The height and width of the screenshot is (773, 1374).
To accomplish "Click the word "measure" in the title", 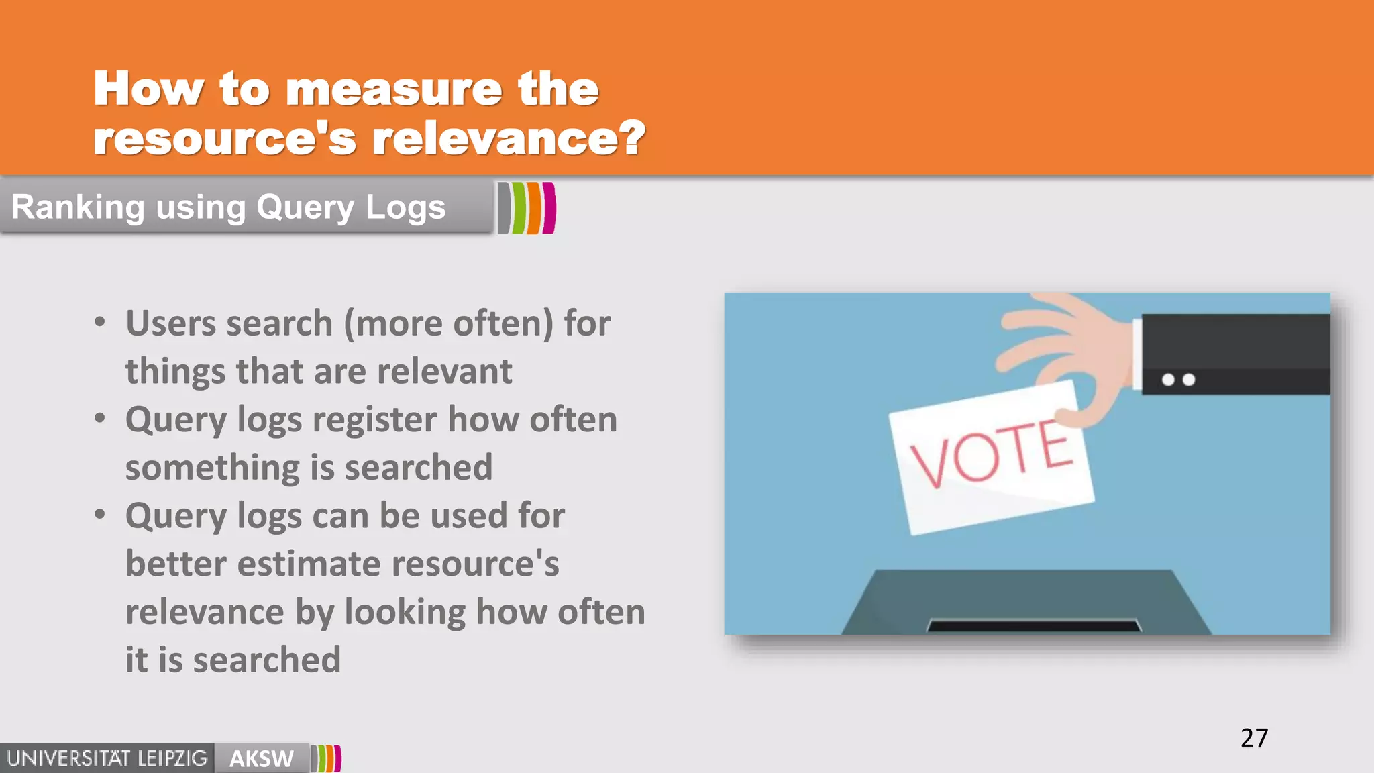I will pyautogui.click(x=394, y=89).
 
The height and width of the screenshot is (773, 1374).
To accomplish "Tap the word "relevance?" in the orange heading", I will pyautogui.click(x=509, y=139).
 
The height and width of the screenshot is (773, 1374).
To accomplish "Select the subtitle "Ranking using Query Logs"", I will pyautogui.click(x=228, y=207).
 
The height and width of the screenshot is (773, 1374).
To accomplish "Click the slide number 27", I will pyautogui.click(x=1254, y=738).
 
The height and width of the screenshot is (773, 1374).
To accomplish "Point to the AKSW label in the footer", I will pyautogui.click(x=261, y=759).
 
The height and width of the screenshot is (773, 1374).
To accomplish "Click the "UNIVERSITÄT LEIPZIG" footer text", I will pyautogui.click(x=107, y=759).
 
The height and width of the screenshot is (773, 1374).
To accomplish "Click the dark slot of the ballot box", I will pyautogui.click(x=1033, y=626).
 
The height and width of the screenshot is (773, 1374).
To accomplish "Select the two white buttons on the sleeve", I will pyautogui.click(x=1178, y=380).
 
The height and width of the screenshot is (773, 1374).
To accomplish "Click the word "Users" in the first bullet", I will pyautogui.click(x=170, y=323).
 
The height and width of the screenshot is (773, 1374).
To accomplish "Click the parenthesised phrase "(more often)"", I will pyautogui.click(x=448, y=323).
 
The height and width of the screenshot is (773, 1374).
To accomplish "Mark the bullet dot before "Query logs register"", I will pyautogui.click(x=100, y=419).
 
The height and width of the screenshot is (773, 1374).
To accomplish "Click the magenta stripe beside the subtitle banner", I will pyautogui.click(x=549, y=208).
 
